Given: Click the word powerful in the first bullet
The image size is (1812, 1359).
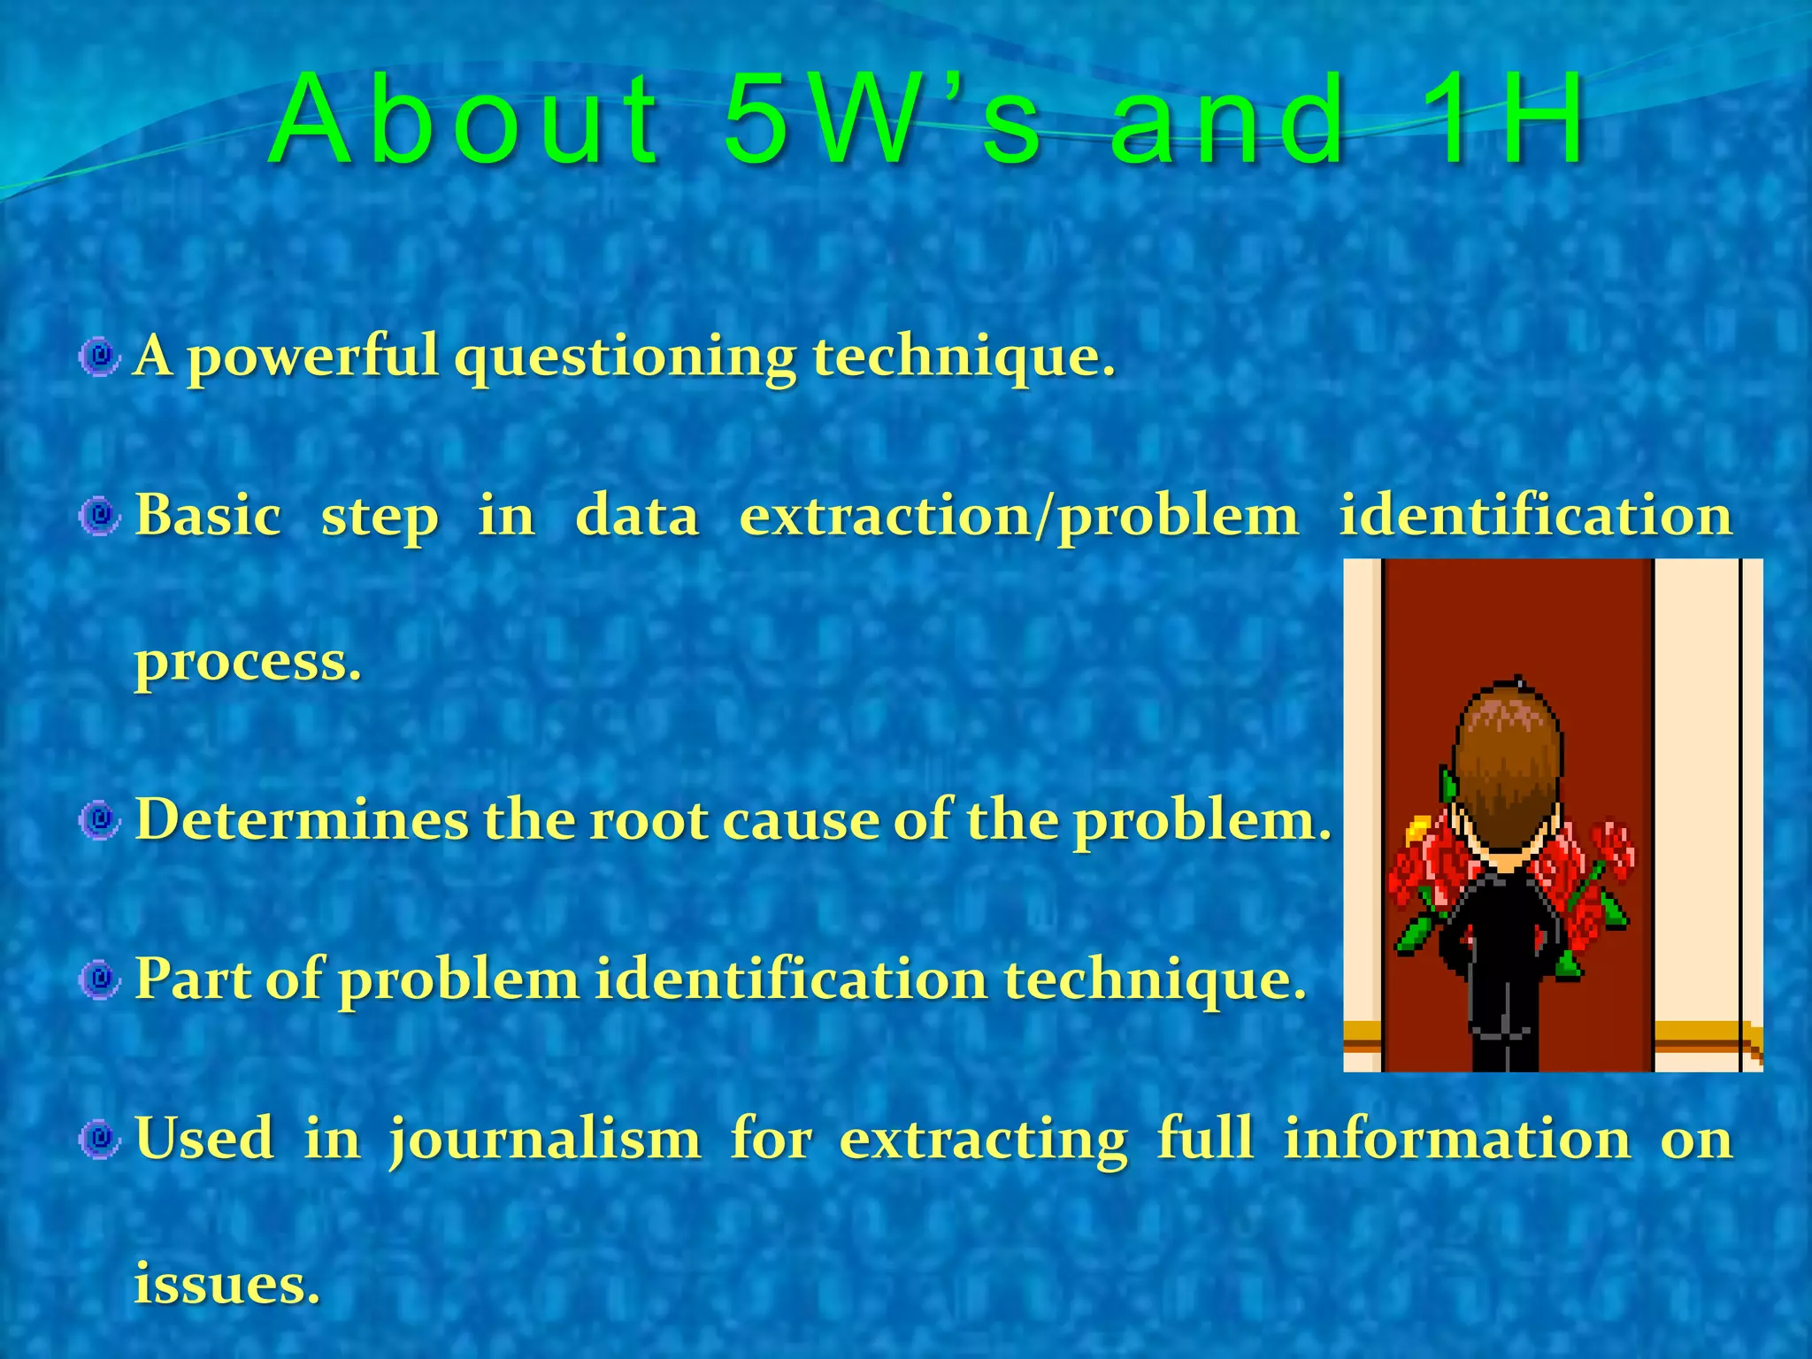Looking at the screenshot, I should pos(313,357).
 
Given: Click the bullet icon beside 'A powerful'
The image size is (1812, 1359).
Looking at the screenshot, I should pos(99,357).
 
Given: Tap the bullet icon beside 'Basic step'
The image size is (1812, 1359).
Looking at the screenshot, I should pos(99,516).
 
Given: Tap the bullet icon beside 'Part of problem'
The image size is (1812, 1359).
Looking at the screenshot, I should pos(99,979).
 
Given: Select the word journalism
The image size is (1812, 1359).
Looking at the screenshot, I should pos(544,1139).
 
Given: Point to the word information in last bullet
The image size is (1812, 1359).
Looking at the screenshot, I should pos(1456,1139).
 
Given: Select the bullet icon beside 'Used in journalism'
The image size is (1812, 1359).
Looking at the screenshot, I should pos(99,1139).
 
